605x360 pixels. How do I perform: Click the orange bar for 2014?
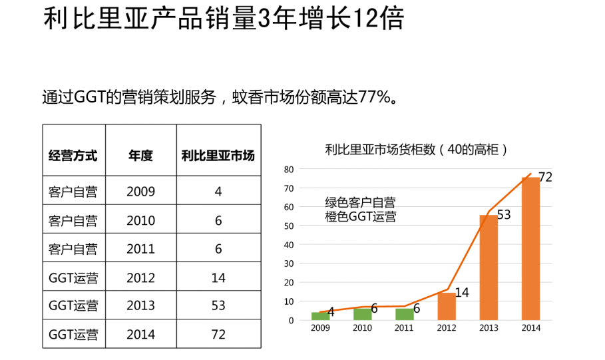530,248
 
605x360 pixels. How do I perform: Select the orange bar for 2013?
489,267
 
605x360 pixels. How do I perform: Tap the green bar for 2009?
319,316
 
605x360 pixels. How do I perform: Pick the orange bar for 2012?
447,306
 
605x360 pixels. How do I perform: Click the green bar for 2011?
404,314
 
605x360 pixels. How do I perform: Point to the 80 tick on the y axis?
289,169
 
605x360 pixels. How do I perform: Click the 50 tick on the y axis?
289,226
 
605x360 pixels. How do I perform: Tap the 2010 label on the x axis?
362,328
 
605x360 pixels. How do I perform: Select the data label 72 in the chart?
545,177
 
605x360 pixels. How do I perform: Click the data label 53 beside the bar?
504,215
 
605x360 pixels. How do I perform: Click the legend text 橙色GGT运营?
360,216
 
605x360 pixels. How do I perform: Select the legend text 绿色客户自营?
360,202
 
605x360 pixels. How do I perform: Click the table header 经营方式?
73,156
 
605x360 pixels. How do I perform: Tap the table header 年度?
140,156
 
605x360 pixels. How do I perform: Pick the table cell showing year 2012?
140,277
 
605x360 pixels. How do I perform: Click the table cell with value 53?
218,306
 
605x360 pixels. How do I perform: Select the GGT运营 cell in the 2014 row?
73,335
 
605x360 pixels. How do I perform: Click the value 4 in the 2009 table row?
218,192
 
